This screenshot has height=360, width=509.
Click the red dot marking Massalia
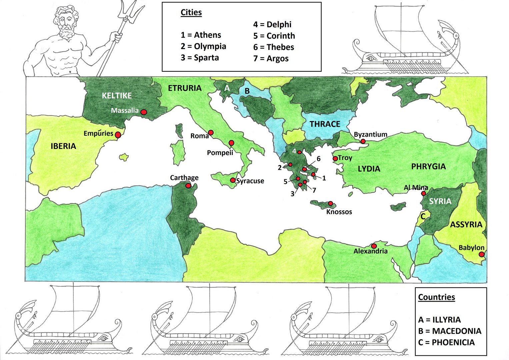click(x=143, y=112)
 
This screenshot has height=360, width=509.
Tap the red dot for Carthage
click(x=188, y=186)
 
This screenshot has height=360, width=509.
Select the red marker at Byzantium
click(x=363, y=141)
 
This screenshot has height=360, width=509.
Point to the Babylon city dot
click(x=481, y=254)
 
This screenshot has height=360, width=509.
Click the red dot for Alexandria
click(x=374, y=246)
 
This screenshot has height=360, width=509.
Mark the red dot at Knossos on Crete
click(x=330, y=203)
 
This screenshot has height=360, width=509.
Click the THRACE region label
click(x=325, y=124)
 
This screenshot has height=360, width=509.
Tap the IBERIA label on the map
click(x=63, y=146)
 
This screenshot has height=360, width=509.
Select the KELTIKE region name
click(x=117, y=96)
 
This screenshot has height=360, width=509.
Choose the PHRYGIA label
click(x=428, y=166)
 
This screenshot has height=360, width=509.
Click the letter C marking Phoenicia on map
click(x=423, y=217)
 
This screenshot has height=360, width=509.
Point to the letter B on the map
click(x=247, y=91)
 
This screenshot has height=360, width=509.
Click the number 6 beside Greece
click(x=318, y=159)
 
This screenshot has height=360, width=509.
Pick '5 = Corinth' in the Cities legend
click(x=274, y=36)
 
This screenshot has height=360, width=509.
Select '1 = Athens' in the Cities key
click(x=201, y=35)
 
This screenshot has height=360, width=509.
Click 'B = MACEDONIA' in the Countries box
click(x=450, y=331)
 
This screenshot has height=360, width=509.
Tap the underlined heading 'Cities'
click(x=191, y=12)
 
